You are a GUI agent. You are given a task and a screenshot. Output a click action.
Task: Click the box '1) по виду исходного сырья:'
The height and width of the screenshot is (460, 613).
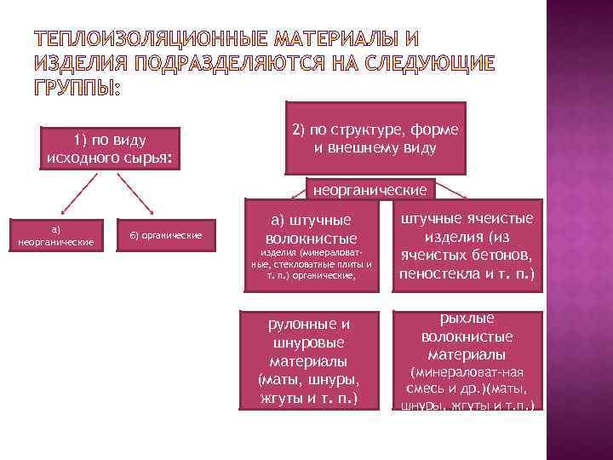point(111,149)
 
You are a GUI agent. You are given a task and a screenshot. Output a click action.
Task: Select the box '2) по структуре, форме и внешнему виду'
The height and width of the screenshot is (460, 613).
point(375,139)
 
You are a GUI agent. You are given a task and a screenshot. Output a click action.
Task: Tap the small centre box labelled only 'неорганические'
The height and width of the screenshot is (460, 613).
point(371,187)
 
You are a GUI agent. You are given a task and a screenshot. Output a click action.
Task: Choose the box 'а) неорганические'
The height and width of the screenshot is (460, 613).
point(55,235)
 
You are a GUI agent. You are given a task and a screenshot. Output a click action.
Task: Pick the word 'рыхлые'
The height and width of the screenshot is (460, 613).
point(467,319)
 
